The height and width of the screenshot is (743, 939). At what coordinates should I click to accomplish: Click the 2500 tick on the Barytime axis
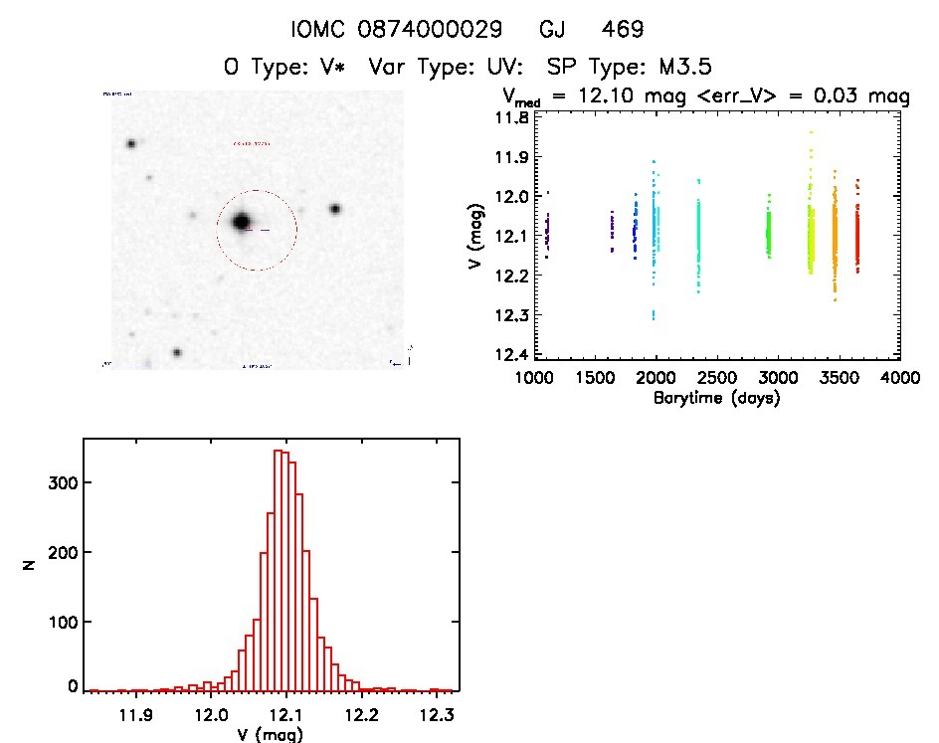(x=717, y=379)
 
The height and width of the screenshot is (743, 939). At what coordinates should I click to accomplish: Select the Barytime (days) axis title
(x=716, y=398)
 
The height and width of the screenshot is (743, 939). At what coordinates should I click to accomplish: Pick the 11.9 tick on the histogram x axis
(x=135, y=715)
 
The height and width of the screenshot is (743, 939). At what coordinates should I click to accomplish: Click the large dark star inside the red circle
(x=241, y=222)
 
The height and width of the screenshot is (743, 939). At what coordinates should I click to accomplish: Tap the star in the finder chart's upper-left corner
(x=130, y=144)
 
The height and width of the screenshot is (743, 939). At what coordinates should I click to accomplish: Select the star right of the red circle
(x=335, y=209)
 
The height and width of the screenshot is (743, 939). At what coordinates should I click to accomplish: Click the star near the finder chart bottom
(x=177, y=352)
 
